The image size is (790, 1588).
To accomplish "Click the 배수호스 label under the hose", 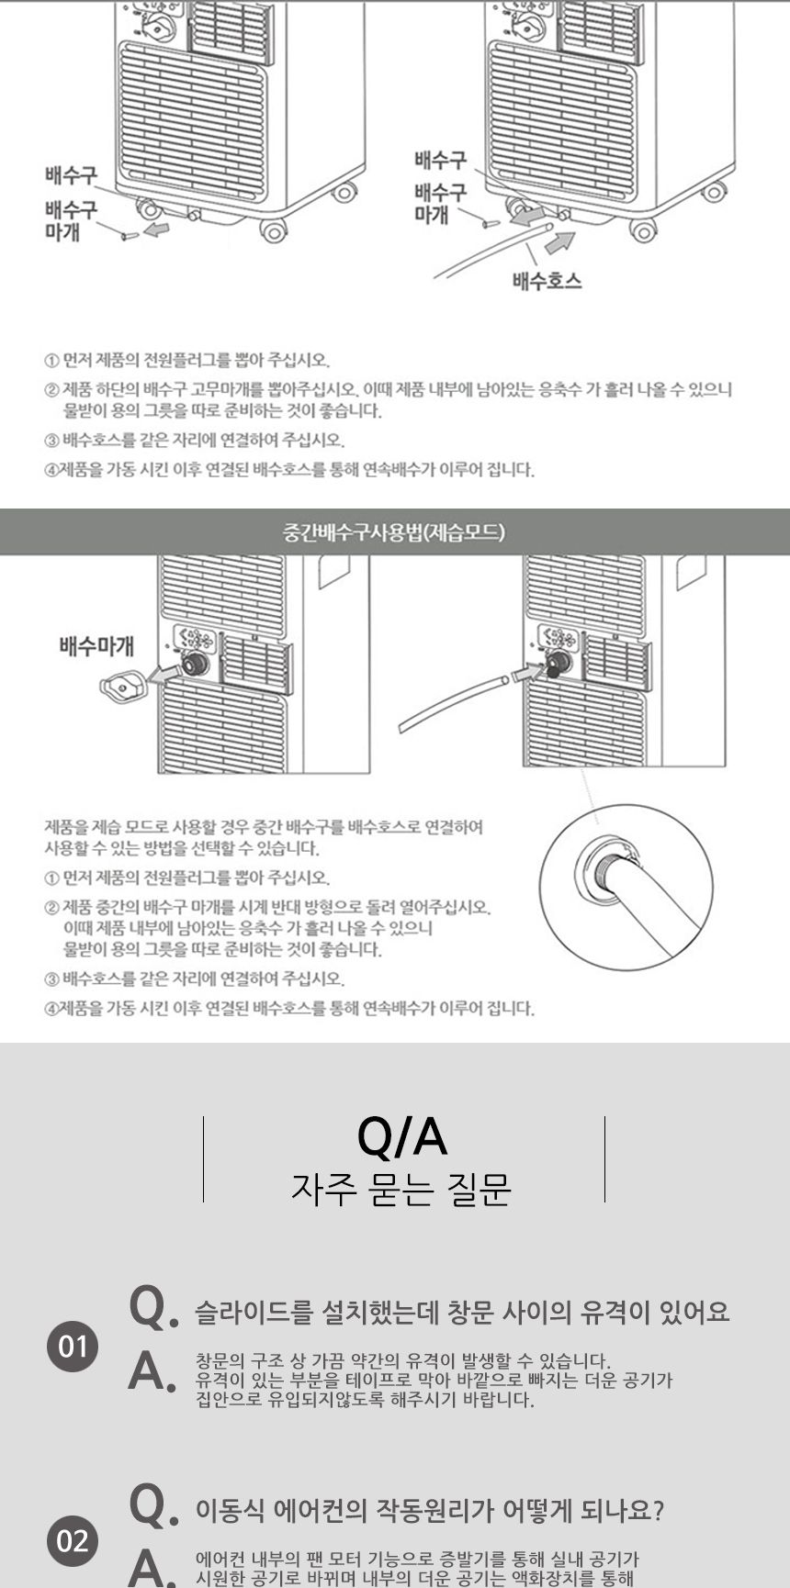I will click(x=547, y=280).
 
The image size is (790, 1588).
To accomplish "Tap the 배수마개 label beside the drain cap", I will click(x=96, y=645).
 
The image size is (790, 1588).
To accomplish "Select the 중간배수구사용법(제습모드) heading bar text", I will click(x=394, y=532).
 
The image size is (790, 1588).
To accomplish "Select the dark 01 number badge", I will click(x=73, y=1347).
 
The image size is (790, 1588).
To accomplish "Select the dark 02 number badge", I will click(x=73, y=1539).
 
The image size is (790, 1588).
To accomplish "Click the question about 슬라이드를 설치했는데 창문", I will click(x=462, y=1313).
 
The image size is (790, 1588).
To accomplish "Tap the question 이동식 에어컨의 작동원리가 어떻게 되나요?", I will click(x=429, y=1510).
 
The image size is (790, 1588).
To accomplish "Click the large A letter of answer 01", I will click(x=149, y=1371).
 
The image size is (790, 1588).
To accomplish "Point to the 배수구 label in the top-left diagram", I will click(x=71, y=173).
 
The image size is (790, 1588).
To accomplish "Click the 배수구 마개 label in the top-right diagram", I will click(x=440, y=203).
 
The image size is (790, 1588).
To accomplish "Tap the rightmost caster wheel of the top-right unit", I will click(x=713, y=192).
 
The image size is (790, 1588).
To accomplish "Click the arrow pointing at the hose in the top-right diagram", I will click(x=559, y=241).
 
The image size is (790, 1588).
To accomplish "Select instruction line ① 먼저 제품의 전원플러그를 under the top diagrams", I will click(x=187, y=360).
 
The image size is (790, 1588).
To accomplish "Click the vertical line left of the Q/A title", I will click(x=203, y=1158).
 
